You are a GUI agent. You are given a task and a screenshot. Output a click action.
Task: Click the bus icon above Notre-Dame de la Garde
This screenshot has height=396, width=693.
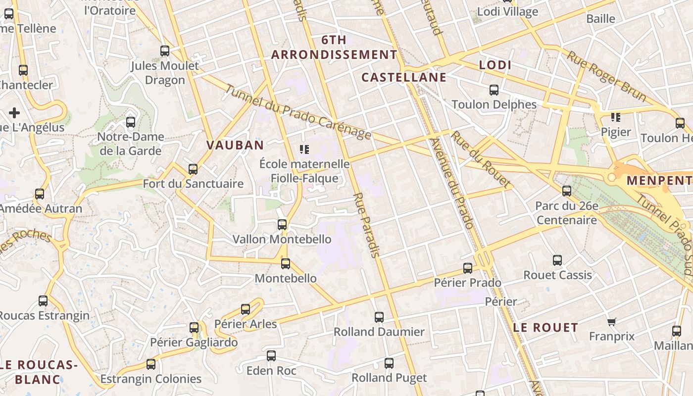click(x=131, y=122)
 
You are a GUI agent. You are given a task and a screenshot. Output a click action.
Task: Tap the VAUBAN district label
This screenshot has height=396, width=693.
click(x=235, y=145)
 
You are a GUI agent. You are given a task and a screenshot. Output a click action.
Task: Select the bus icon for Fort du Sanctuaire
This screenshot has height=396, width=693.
click(x=193, y=169)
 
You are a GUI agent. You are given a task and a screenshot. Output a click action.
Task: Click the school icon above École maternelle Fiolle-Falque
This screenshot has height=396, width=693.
click(x=304, y=149)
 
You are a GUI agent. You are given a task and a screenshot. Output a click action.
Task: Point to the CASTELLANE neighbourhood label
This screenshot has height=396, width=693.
click(x=404, y=77)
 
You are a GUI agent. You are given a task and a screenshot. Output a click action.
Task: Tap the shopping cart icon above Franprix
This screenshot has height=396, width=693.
click(x=612, y=322)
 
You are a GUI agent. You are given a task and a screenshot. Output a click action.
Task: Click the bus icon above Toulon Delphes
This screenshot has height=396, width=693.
click(x=494, y=90)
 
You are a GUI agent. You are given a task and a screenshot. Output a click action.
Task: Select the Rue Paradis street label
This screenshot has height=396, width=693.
click(x=367, y=225)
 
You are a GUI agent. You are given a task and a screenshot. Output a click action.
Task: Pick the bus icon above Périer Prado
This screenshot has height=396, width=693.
click(x=468, y=268)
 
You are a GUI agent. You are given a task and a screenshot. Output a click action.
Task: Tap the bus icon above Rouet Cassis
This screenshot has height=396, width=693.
click(x=557, y=260)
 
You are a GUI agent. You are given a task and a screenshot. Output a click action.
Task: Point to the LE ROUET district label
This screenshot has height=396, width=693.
click(x=545, y=327)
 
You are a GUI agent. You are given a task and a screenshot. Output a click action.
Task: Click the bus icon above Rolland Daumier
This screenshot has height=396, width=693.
click(x=379, y=317)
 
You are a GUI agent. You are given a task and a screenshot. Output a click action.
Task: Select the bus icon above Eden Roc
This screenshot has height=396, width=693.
click(x=271, y=356)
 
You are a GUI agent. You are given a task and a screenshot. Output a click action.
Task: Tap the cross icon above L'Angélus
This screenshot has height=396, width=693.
click(x=14, y=113)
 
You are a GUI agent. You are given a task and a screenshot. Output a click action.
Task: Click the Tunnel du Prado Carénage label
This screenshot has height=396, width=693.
click(x=298, y=112)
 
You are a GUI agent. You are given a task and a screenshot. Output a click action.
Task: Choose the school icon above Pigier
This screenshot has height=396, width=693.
click(x=616, y=117)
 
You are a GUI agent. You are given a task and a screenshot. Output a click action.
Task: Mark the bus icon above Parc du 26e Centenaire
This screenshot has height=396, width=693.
click(x=567, y=191)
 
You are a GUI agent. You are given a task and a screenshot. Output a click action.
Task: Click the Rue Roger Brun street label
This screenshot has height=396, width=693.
click(x=606, y=76)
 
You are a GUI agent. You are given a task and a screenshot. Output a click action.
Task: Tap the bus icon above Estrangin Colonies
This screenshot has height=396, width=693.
click(x=151, y=364)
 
